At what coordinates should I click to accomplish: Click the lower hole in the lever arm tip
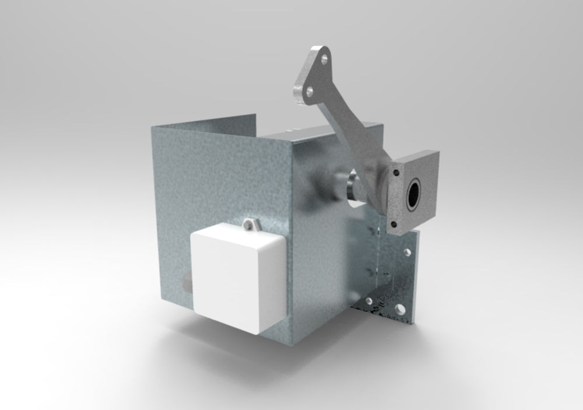[x=309, y=91]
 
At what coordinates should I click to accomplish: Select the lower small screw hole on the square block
[x=396, y=223]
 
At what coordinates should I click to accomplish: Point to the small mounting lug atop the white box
[x=251, y=223]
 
